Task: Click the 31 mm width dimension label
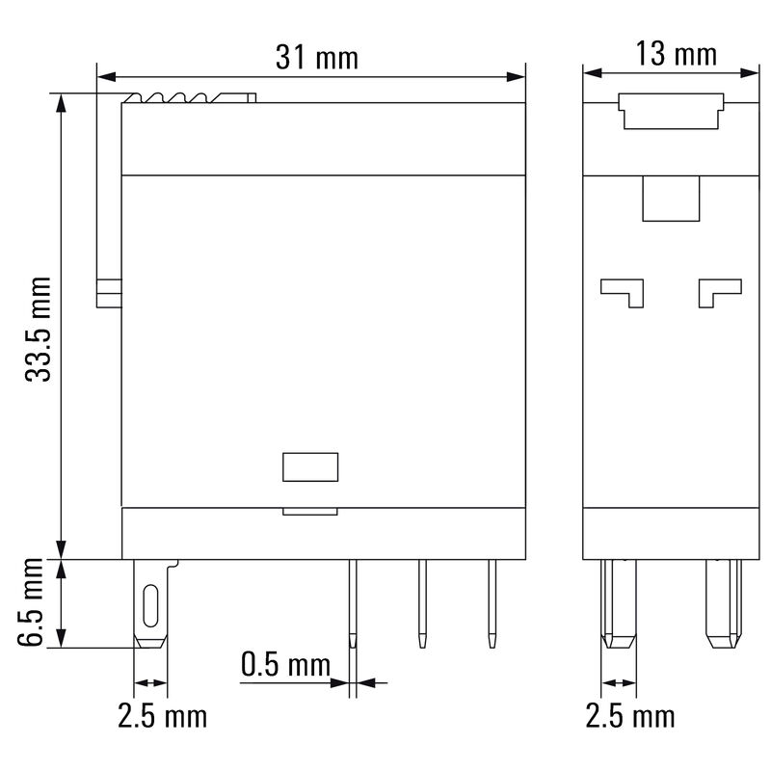(x=316, y=58)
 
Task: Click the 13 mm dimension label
(x=678, y=54)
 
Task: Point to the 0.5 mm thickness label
(x=285, y=664)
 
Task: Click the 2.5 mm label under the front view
(x=162, y=716)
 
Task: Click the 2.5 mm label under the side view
(x=630, y=716)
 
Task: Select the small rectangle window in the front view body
(x=310, y=466)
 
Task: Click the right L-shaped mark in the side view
(x=719, y=290)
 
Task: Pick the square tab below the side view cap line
(x=670, y=199)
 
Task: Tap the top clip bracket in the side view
(x=670, y=111)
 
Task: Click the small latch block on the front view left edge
(x=109, y=293)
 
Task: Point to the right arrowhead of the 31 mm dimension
(x=519, y=75)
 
